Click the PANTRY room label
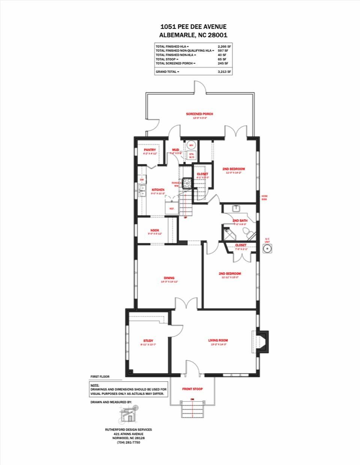click(150, 150)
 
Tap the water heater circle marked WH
click(191, 145)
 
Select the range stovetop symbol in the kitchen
click(187, 183)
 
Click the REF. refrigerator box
click(172, 207)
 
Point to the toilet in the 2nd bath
click(246, 232)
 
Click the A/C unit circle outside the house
click(267, 249)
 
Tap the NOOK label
click(155, 230)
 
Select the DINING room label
click(169, 278)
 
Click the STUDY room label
click(148, 341)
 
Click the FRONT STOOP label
click(192, 389)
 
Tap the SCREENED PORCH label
click(200, 114)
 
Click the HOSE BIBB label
click(265, 198)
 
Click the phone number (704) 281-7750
click(128, 442)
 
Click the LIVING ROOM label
click(218, 340)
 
